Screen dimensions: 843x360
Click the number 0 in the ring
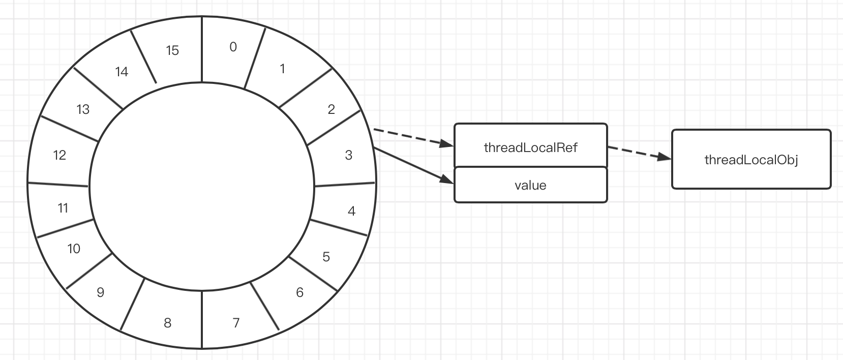click(x=233, y=47)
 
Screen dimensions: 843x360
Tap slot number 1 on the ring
click(x=282, y=69)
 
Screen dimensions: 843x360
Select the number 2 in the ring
click(x=332, y=109)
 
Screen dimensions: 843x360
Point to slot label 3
click(x=348, y=155)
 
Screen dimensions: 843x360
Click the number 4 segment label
click(x=351, y=211)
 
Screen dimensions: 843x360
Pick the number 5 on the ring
click(x=326, y=257)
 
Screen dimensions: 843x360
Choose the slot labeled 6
click(x=299, y=292)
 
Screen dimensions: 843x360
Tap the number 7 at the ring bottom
click(x=236, y=323)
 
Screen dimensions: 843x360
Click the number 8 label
click(x=167, y=323)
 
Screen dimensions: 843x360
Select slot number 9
click(x=100, y=292)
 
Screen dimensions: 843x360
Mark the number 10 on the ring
click(x=74, y=249)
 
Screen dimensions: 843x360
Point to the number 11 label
click(x=63, y=208)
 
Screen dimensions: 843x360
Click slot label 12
click(x=59, y=155)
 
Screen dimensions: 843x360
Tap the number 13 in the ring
click(x=83, y=109)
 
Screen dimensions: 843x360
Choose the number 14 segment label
click(x=122, y=72)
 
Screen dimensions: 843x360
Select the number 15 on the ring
click(x=172, y=50)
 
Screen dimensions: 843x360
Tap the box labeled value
click(x=530, y=185)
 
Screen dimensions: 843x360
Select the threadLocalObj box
click(x=751, y=160)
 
